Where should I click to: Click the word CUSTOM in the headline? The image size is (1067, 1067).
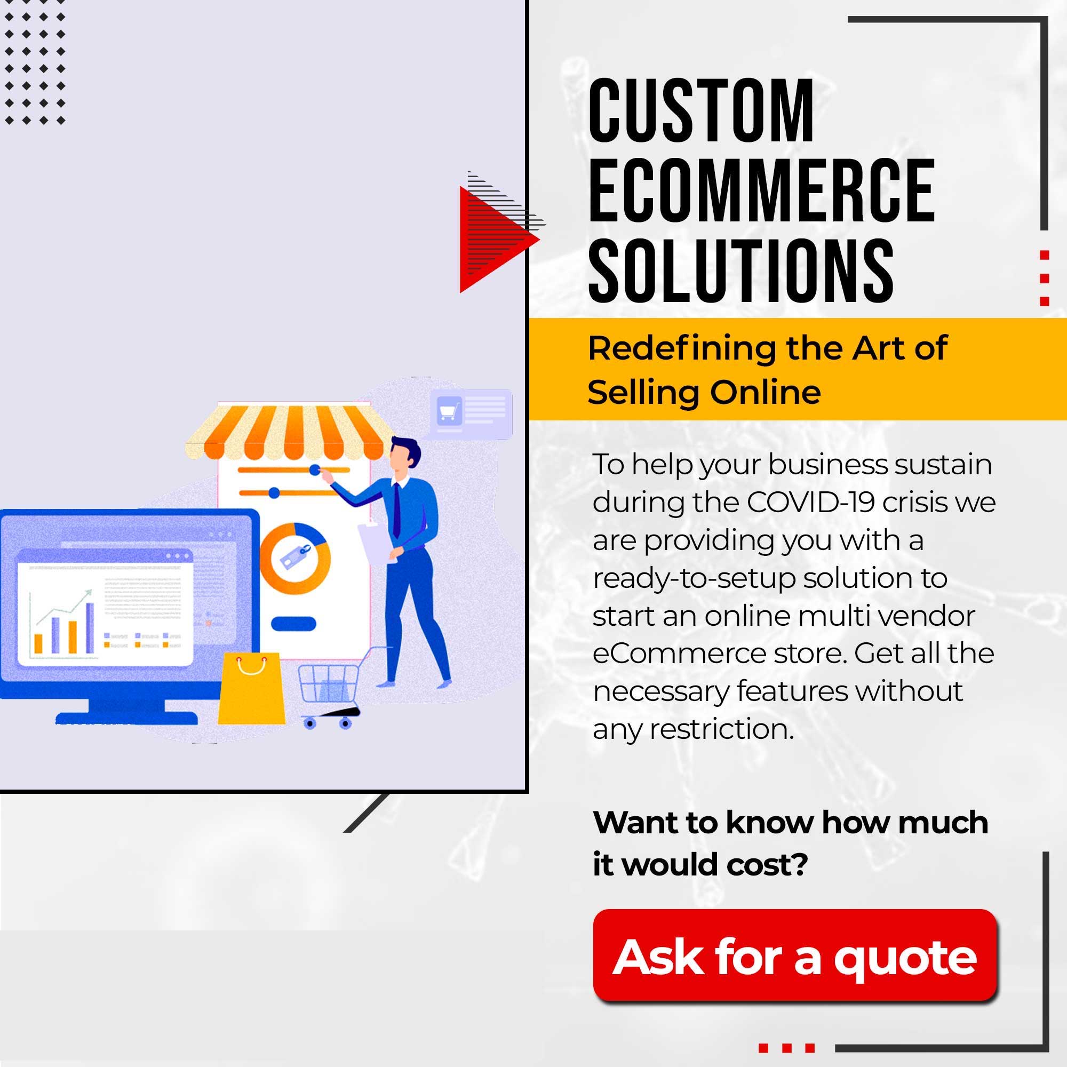[702, 110]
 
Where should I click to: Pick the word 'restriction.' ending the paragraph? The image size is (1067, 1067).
[721, 729]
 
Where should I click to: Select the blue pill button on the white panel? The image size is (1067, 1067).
[294, 624]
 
